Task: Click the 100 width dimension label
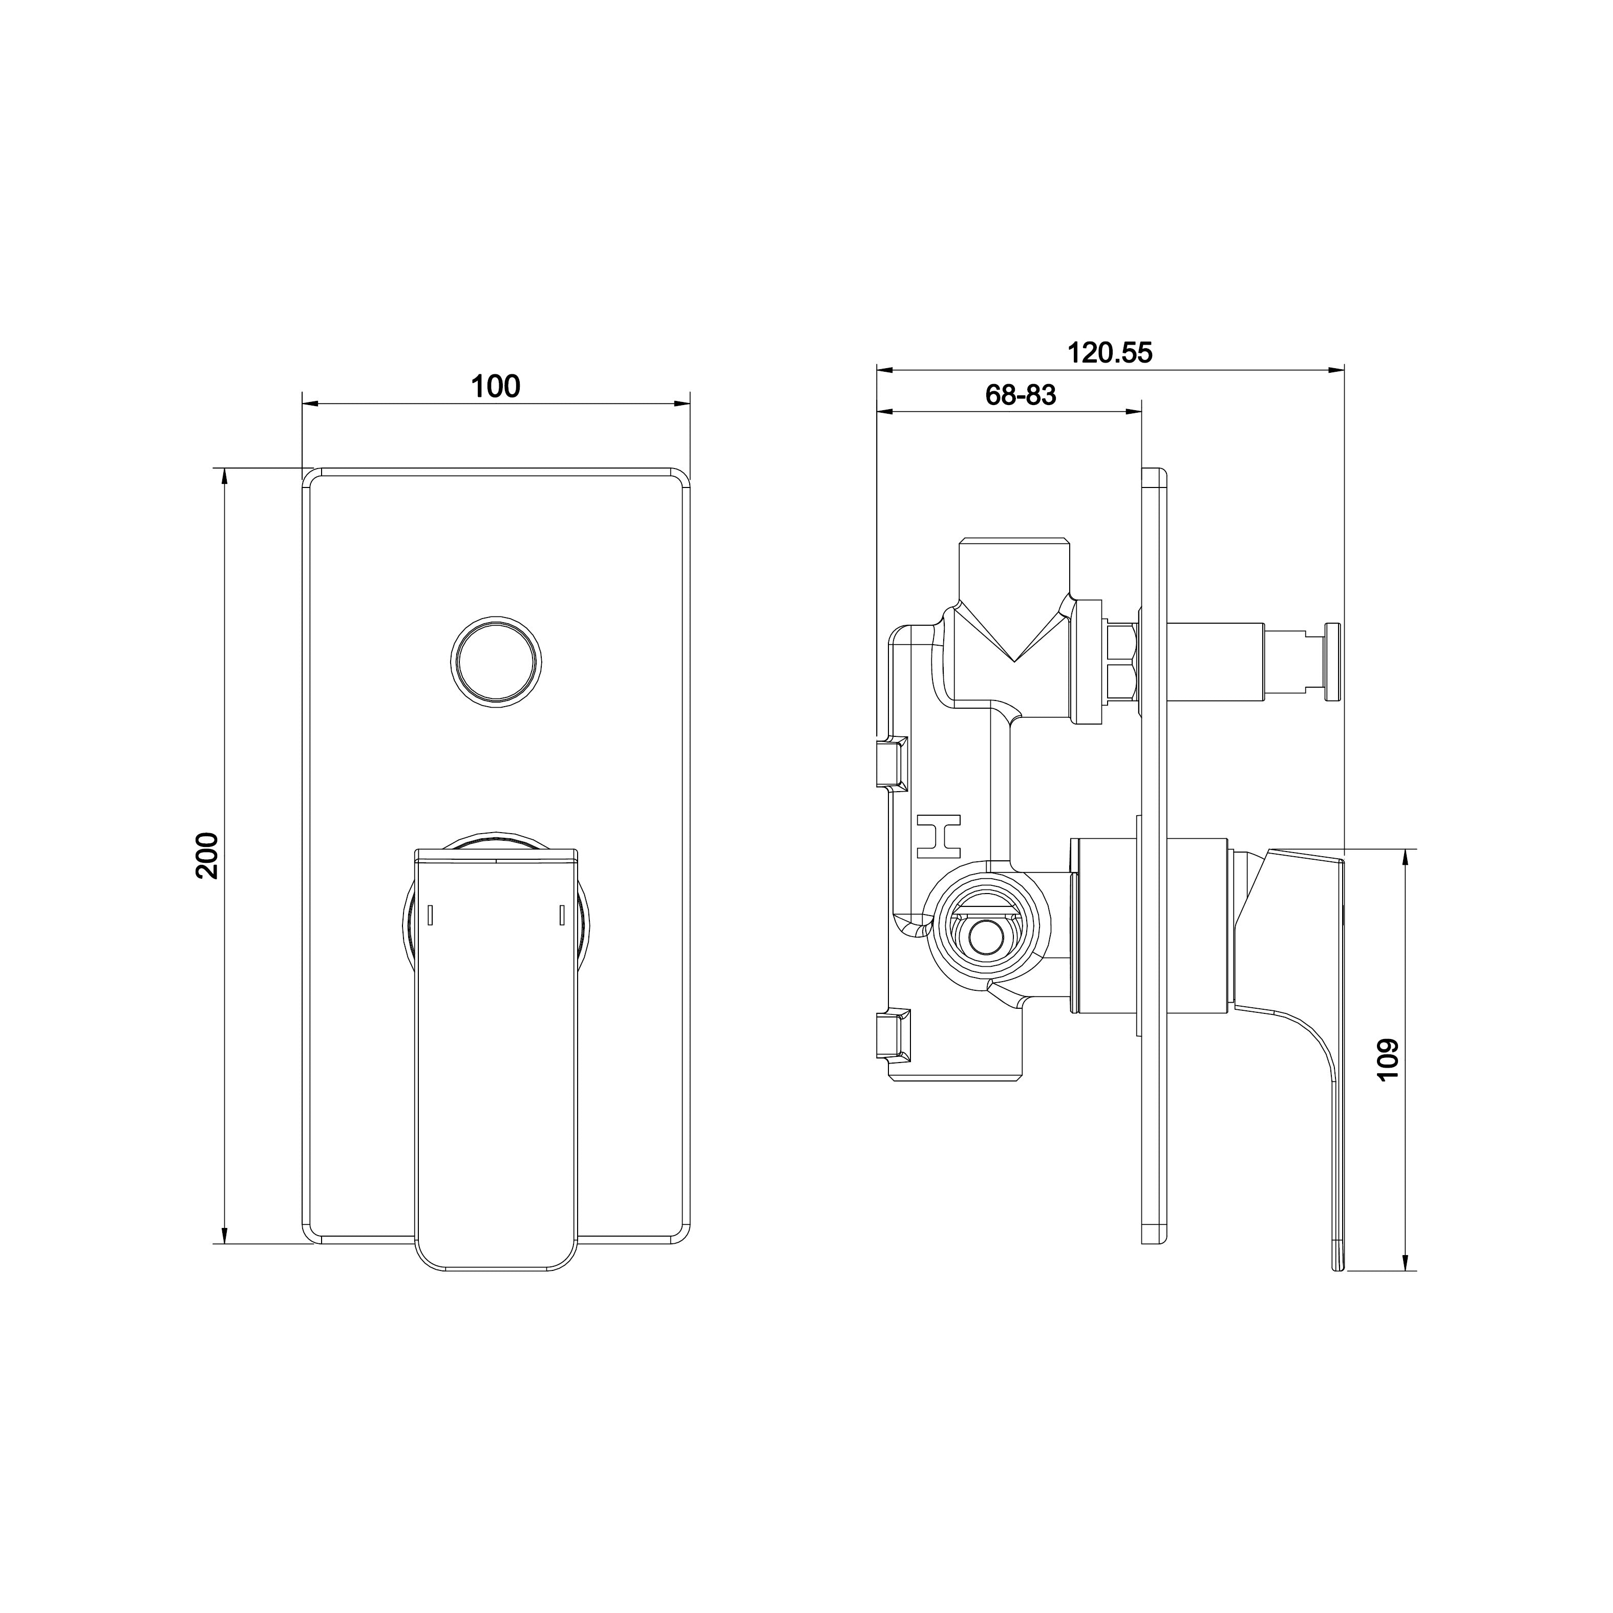coord(495,387)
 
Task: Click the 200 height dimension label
coord(207,855)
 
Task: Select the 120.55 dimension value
coord(1110,353)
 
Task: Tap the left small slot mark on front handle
coord(430,915)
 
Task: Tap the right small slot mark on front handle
coord(562,915)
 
